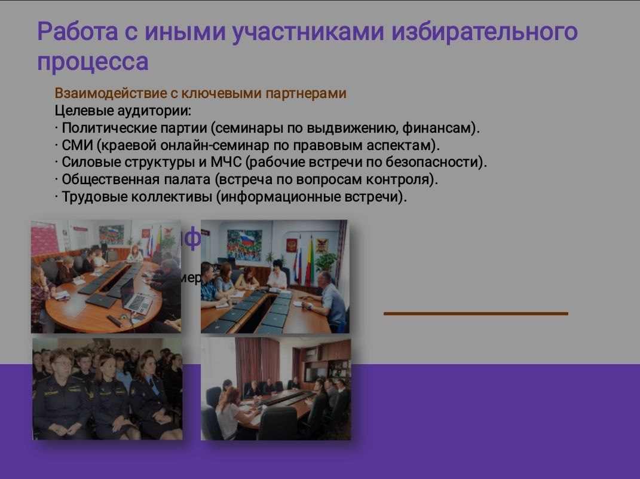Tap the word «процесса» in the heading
(x=93, y=62)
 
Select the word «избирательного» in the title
(x=485, y=32)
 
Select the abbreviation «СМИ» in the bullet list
(x=76, y=145)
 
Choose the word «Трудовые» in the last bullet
(x=90, y=197)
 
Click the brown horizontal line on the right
(x=476, y=313)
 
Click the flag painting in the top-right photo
(x=244, y=245)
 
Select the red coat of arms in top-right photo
(x=291, y=245)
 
